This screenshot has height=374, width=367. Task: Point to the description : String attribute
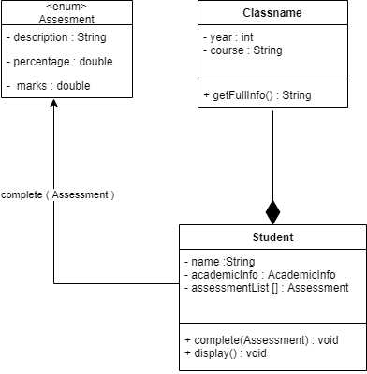pyautogui.click(x=56, y=38)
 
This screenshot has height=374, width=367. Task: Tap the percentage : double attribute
pyautogui.click(x=56, y=62)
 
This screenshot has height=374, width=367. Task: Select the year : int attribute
pyautogui.click(x=226, y=36)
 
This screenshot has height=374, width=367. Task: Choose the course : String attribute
pyautogui.click(x=242, y=49)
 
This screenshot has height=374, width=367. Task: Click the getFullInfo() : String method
pyautogui.click(x=257, y=94)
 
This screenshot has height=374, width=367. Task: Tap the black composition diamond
pyautogui.click(x=272, y=211)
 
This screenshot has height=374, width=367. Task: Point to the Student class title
pyautogui.click(x=272, y=237)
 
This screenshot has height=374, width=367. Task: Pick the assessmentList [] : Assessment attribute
pyautogui.click(x=267, y=288)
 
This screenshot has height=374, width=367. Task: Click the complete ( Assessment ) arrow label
pyautogui.click(x=58, y=194)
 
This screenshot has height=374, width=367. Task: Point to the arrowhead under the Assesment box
pyautogui.click(x=54, y=104)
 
